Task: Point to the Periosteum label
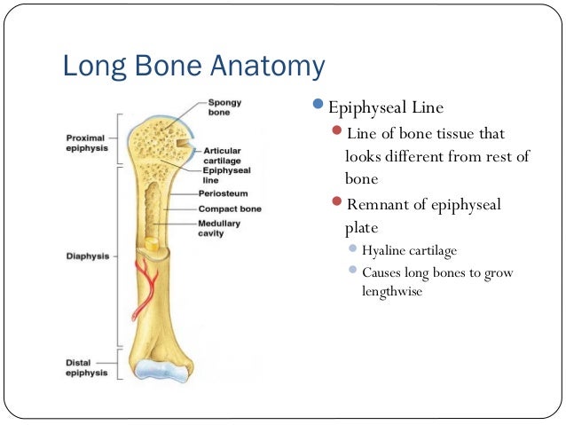[224, 193]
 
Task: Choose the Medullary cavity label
[219, 228]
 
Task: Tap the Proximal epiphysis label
[87, 143]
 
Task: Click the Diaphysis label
[87, 256]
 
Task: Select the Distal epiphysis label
[87, 366]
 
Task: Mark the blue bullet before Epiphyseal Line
[320, 106]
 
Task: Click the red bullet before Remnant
[336, 203]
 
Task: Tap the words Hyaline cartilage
[409, 251]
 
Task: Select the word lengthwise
[391, 290]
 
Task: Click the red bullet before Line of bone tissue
[336, 132]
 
